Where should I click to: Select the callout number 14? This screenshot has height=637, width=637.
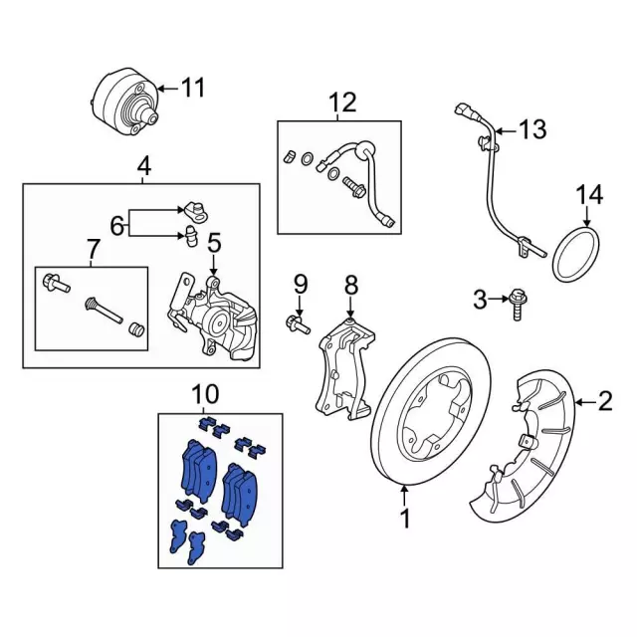[x=589, y=194]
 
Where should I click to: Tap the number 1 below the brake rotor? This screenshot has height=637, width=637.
[x=405, y=518]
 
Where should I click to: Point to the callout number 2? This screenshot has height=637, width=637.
[x=604, y=401]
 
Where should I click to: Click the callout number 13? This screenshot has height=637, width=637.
[x=532, y=129]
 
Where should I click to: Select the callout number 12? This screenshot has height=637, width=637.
[x=341, y=102]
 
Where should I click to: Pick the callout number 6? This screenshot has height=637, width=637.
[x=117, y=226]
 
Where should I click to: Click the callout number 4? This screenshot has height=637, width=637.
[x=144, y=167]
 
